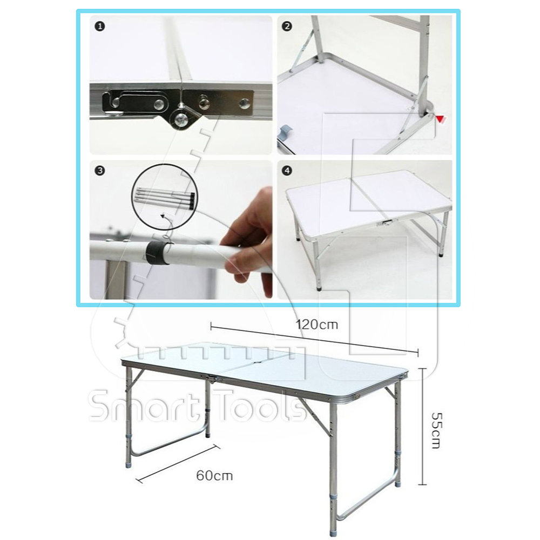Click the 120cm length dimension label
click(x=317, y=325)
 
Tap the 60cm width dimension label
click(x=214, y=476)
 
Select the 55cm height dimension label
click(x=436, y=430)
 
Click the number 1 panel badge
click(x=100, y=26)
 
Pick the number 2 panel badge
click(x=287, y=26)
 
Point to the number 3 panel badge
click(x=100, y=171)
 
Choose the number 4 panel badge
click(x=287, y=171)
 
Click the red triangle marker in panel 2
click(x=441, y=119)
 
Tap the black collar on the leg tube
click(x=157, y=253)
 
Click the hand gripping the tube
click(x=248, y=238)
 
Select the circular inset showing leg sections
click(x=165, y=197)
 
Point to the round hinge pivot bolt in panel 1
click(x=180, y=120)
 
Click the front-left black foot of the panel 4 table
click(x=319, y=288)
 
